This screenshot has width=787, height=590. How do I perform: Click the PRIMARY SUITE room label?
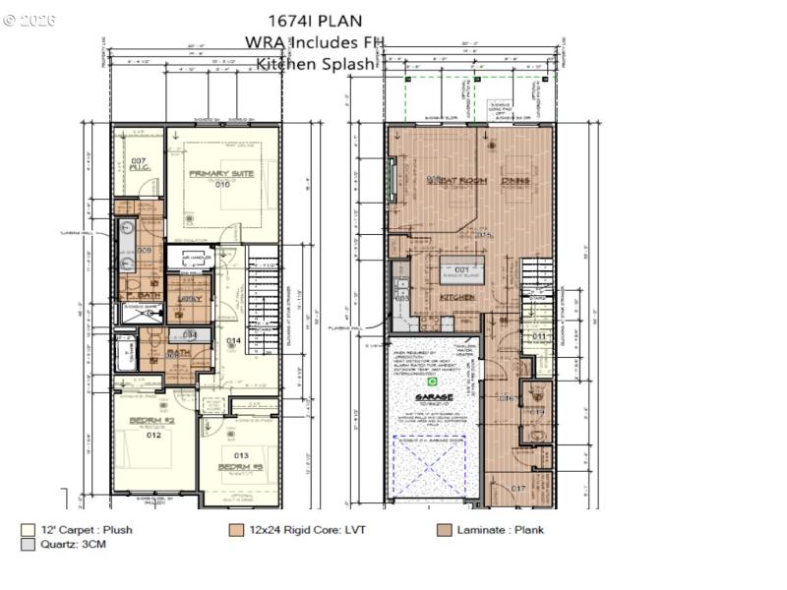click(221, 174)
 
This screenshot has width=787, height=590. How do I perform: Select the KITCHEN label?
click(456, 297)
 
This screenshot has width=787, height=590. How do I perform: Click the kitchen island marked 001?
click(459, 269)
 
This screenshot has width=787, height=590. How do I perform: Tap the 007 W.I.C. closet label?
click(139, 163)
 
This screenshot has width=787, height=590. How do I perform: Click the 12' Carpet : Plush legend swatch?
click(28, 530)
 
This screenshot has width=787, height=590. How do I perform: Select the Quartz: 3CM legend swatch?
click(28, 545)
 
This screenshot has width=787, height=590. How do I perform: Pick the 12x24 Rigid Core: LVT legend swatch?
click(236, 530)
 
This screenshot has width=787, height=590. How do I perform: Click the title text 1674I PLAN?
click(315, 20)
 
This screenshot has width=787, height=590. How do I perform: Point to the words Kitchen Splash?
click(315, 63)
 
